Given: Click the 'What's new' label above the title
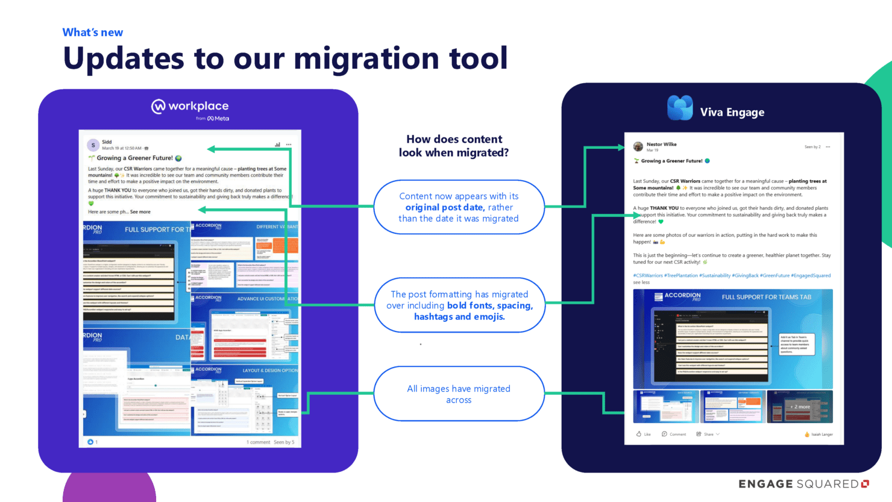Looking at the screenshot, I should pyautogui.click(x=93, y=33).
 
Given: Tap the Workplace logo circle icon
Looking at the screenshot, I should pyautogui.click(x=158, y=107).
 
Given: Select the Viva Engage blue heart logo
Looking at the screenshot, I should pyautogui.click(x=680, y=108).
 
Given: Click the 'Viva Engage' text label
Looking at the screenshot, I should pyautogui.click(x=732, y=113).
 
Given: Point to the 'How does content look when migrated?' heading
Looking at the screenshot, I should pyautogui.click(x=454, y=146).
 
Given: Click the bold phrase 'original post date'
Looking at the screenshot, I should pyautogui.click(x=444, y=207).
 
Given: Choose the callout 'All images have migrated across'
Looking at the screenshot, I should pyautogui.click(x=459, y=394).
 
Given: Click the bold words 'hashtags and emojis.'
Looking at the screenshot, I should pyautogui.click(x=459, y=317).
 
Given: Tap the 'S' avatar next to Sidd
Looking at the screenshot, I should pyautogui.click(x=93, y=145).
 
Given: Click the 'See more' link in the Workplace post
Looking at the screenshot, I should pyautogui.click(x=140, y=212).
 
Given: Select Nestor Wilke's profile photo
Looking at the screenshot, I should pyautogui.click(x=638, y=146).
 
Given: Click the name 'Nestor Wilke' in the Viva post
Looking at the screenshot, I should pyautogui.click(x=661, y=145).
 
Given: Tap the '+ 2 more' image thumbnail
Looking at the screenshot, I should pyautogui.click(x=800, y=407).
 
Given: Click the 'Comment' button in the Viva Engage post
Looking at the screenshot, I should pyautogui.click(x=674, y=434).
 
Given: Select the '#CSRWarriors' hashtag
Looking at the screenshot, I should pyautogui.click(x=648, y=275).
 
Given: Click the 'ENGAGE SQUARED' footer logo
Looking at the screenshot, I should pyautogui.click(x=803, y=484).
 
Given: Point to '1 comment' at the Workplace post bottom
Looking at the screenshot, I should pyautogui.click(x=258, y=442).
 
